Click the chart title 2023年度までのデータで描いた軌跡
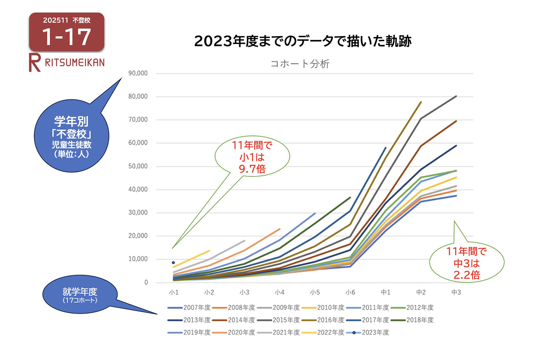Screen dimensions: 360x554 pyautogui.click(x=302, y=41)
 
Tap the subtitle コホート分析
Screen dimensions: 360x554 pyautogui.click(x=300, y=64)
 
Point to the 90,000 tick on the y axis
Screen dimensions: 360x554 pyautogui.click(x=138, y=73)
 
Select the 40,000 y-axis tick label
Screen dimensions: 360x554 pyautogui.click(x=138, y=189)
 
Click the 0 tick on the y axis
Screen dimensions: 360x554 pyautogui.click(x=146, y=282)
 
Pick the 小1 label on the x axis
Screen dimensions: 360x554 pyautogui.click(x=174, y=292)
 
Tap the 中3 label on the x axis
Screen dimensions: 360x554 pyautogui.click(x=456, y=292)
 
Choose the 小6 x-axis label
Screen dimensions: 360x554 pyautogui.click(x=350, y=292)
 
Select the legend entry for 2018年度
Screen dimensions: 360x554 pyautogui.click(x=420, y=320)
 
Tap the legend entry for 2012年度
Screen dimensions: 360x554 pyautogui.click(x=420, y=308)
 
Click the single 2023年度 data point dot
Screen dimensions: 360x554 pyautogui.click(x=173, y=263)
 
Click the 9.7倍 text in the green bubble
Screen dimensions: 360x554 pyautogui.click(x=252, y=169)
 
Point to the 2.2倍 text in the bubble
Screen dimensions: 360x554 pyautogui.click(x=467, y=275)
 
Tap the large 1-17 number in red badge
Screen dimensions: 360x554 pyautogui.click(x=66, y=37)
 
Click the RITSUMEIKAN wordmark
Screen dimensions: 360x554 pyautogui.click(x=75, y=62)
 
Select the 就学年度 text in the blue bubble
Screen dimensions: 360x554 pyautogui.click(x=80, y=292)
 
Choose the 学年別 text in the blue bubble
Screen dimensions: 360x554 pyautogui.click(x=71, y=121)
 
